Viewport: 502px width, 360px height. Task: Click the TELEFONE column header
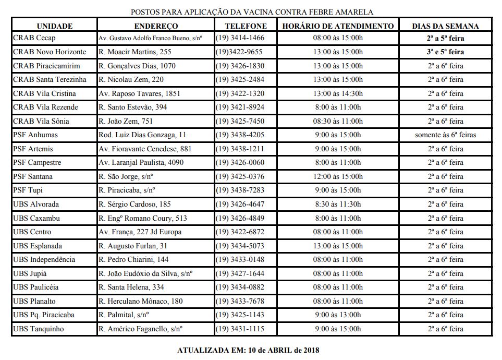tap(246, 26)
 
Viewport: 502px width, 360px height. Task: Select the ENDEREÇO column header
tap(156, 26)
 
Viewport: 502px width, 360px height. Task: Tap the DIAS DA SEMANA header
tap(445, 26)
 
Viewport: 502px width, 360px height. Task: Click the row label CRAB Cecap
tap(34, 38)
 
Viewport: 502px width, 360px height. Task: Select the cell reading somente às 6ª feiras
tap(445, 135)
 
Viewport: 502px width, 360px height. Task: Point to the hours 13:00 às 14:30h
tap(338, 93)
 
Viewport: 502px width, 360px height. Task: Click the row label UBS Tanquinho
tap(39, 329)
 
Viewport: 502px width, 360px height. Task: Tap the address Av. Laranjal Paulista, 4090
tap(141, 162)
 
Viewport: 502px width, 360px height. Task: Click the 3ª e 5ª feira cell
tap(445, 52)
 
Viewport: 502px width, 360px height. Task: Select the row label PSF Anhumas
tap(35, 135)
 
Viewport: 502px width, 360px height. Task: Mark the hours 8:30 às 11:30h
tap(338, 204)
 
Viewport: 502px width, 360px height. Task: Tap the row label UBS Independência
tap(44, 259)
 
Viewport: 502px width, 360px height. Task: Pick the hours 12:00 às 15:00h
tap(338, 176)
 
